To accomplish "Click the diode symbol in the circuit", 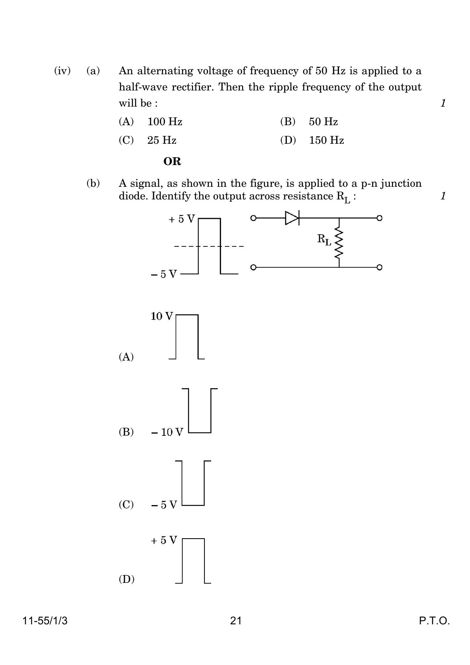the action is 292,218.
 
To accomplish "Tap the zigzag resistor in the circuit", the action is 339,242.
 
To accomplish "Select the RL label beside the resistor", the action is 324,240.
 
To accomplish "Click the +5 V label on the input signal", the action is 182,219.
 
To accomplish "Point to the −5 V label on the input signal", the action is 164,274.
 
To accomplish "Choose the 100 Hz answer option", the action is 165,122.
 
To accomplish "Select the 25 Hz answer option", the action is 162,140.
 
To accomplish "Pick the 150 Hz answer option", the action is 326,140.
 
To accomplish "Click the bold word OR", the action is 172,162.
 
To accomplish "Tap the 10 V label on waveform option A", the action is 162,316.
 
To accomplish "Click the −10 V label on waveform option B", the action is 167,432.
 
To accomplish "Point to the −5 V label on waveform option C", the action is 164,505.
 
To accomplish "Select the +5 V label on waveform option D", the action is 164,540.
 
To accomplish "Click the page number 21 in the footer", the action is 236,621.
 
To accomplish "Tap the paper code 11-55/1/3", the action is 45,621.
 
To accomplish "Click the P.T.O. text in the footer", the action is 434,621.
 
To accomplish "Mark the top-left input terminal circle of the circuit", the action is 253,218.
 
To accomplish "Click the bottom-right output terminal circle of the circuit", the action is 379,267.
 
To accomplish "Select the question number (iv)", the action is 62,71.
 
